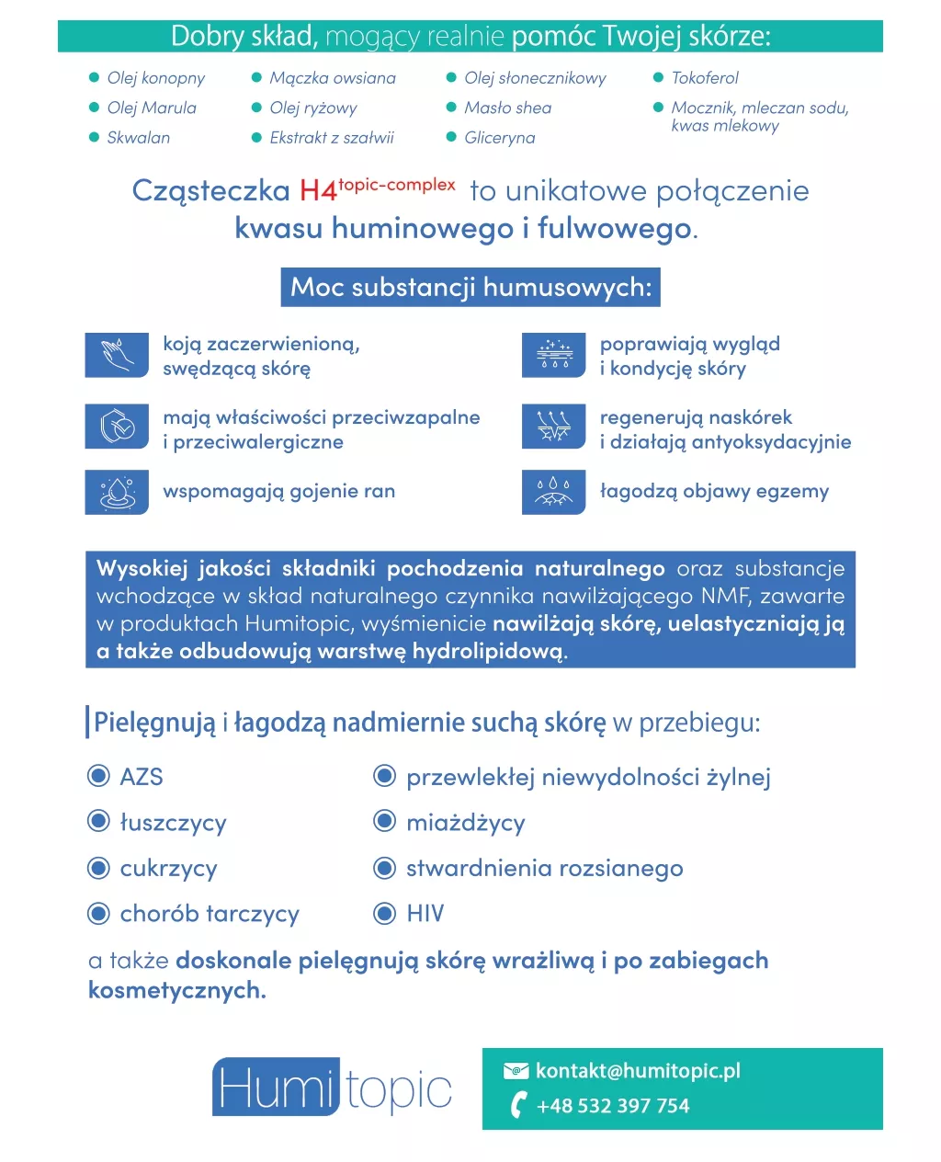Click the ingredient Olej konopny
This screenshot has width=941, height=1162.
[155, 78]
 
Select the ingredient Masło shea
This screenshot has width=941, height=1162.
[507, 108]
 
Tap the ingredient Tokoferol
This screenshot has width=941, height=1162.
[704, 78]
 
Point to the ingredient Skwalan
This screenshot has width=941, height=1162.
[138, 138]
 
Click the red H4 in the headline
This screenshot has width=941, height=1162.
[318, 191]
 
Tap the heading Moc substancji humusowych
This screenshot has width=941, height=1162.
[470, 287]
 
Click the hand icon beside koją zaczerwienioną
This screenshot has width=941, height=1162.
[117, 355]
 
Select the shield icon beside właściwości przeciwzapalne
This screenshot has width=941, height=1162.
[117, 427]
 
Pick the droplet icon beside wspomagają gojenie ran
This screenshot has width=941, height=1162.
[117, 492]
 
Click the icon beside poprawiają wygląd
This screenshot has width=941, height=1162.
[553, 355]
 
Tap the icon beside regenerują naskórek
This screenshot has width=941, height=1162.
[553, 427]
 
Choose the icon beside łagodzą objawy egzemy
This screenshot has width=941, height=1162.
[553, 492]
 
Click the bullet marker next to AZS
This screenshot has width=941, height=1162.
[98, 776]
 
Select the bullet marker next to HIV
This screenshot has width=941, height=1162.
[384, 913]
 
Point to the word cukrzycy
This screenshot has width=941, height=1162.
[168, 869]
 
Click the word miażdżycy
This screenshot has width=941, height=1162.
[465, 823]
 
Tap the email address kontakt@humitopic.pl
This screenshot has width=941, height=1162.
[638, 1071]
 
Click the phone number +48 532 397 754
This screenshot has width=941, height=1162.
[613, 1106]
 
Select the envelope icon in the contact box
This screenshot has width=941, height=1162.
[516, 1070]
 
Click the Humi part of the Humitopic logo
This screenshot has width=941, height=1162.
[275, 1088]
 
